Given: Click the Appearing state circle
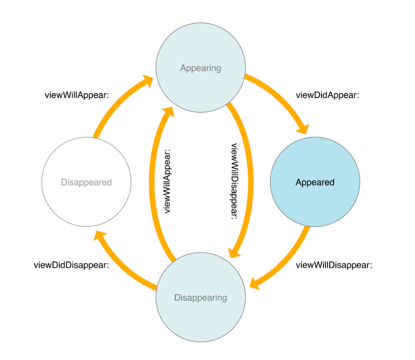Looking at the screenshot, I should coord(200,68).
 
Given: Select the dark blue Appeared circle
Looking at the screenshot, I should coord(315,182).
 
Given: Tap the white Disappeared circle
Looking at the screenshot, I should coord(86,182).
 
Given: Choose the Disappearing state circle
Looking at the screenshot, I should coord(200,297).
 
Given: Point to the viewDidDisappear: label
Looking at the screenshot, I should coord(71,265).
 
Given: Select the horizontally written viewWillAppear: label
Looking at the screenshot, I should coord(75,95).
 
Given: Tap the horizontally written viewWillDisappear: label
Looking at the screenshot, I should coord(334,265).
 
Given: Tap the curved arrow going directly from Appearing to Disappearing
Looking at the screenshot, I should coord(248,183).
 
